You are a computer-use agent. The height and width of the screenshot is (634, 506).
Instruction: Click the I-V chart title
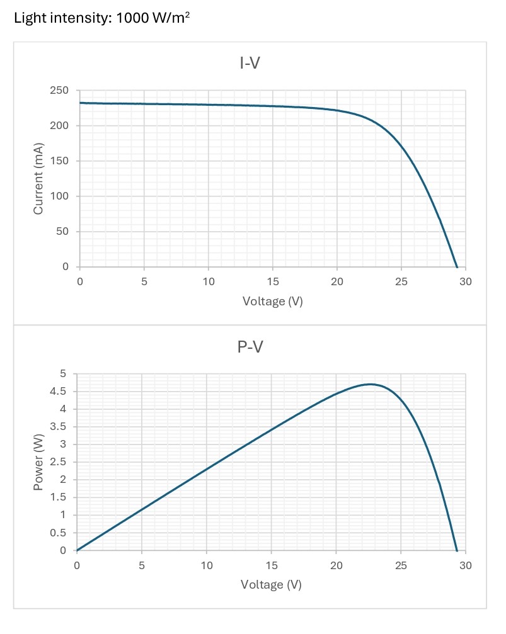pyautogui.click(x=250, y=63)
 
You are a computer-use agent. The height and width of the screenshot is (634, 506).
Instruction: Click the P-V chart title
pyautogui.click(x=250, y=347)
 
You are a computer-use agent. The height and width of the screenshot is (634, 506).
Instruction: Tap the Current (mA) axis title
pyautogui.click(x=38, y=178)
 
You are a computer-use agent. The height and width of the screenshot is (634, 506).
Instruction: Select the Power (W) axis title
pyautogui.click(x=38, y=461)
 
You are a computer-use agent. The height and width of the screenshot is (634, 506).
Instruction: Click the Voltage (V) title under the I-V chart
pyautogui.click(x=272, y=301)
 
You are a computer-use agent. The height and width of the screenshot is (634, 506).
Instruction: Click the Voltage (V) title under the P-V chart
pyautogui.click(x=271, y=585)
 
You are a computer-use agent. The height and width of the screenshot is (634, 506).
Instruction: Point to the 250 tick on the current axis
pyautogui.click(x=59, y=90)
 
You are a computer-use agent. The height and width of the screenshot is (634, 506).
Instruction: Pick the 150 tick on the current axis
pyautogui.click(x=59, y=161)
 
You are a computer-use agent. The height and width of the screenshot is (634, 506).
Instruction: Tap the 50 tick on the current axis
pyautogui.click(x=62, y=231)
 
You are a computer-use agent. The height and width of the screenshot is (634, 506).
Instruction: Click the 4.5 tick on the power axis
pyautogui.click(x=58, y=392)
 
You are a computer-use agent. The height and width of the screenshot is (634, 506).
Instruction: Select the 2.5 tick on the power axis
pyautogui.click(x=58, y=461)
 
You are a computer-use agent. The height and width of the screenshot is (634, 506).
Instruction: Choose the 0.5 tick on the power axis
pyautogui.click(x=58, y=533)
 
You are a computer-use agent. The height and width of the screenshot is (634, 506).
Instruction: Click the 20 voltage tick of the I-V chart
pyautogui.click(x=336, y=281)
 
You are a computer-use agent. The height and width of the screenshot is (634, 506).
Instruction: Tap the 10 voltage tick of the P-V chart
pyautogui.click(x=207, y=565)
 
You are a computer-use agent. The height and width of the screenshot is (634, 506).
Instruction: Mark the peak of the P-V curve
pyautogui.click(x=371, y=384)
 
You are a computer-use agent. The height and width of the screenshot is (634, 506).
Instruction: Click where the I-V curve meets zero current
pyautogui.click(x=457, y=267)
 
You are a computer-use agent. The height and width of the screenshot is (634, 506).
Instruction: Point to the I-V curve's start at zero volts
pyautogui.click(x=80, y=103)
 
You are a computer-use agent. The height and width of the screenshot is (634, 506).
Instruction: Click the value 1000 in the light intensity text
pyautogui.click(x=132, y=18)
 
